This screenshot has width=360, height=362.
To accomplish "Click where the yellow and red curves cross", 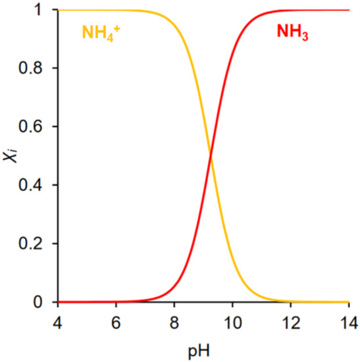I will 210,156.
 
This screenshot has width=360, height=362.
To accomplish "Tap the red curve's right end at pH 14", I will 347,10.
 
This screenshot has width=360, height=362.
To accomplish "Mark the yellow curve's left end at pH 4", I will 59,10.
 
